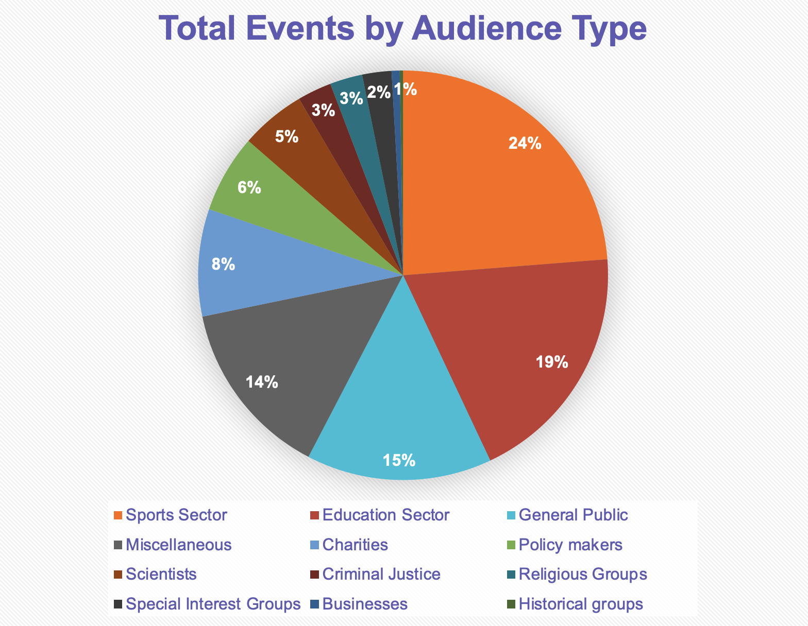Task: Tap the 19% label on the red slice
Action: click(551, 362)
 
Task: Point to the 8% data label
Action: click(224, 264)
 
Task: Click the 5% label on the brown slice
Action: click(287, 136)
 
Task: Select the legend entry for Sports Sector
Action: click(176, 515)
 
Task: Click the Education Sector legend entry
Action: click(385, 515)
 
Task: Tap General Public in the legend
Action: click(574, 515)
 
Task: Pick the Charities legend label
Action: click(355, 545)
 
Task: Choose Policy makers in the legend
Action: click(571, 545)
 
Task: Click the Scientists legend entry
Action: click(161, 574)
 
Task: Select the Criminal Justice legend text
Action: click(381, 574)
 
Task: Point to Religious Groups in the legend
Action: click(583, 574)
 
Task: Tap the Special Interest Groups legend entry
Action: click(213, 604)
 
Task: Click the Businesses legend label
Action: click(365, 604)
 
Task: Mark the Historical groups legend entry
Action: click(581, 604)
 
